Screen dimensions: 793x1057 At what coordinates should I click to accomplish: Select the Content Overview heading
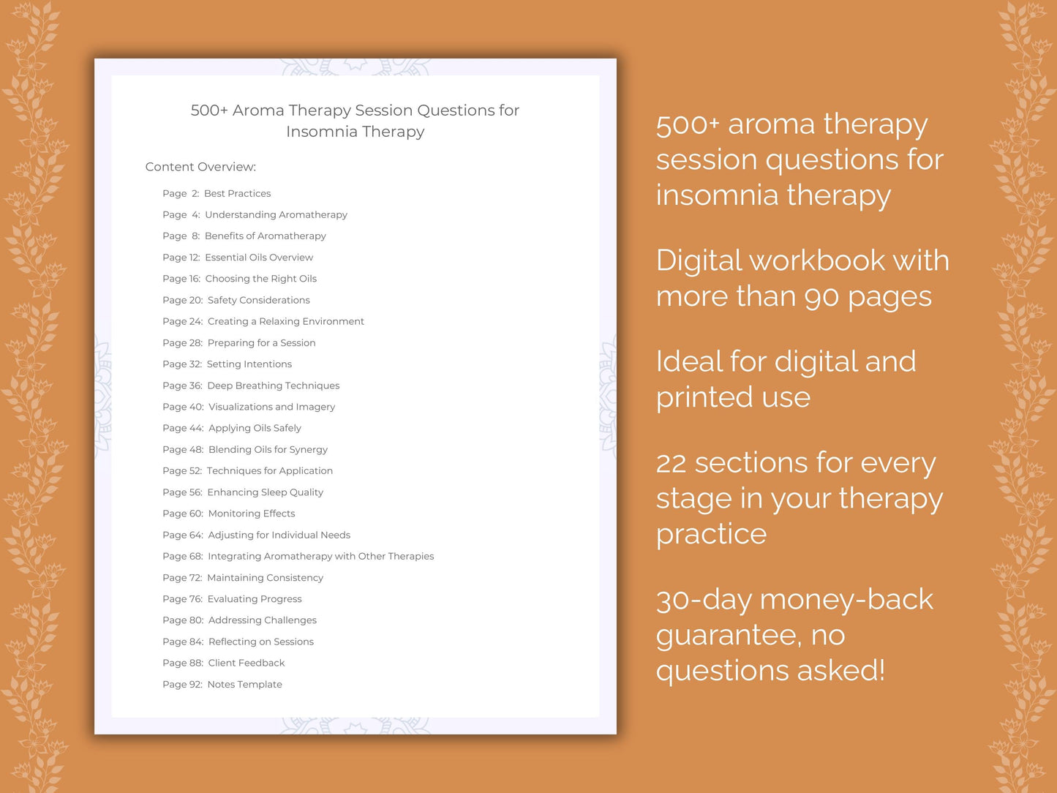(x=200, y=167)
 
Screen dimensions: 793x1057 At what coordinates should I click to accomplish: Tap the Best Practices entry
(x=237, y=193)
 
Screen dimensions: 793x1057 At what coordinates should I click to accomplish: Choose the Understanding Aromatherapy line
(x=276, y=214)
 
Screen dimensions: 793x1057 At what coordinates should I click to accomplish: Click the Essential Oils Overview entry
(x=259, y=258)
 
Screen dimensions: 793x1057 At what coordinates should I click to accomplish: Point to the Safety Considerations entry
(x=258, y=300)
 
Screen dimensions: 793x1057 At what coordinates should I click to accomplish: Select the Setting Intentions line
(x=249, y=364)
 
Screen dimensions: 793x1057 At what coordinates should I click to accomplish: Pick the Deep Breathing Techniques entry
(x=273, y=386)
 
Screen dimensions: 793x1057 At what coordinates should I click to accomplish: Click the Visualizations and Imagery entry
(x=271, y=407)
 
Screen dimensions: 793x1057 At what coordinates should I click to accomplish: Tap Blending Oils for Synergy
(x=268, y=449)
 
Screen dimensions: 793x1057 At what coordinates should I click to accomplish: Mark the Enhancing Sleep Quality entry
(x=265, y=492)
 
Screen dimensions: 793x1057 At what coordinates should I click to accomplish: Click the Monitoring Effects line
(x=252, y=514)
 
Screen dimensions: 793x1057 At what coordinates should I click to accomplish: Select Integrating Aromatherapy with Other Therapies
(x=320, y=556)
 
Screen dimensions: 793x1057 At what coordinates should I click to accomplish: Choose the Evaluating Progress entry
(x=255, y=599)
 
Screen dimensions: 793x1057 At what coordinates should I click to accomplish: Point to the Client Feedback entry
(x=247, y=663)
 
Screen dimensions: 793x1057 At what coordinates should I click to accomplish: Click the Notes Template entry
(x=244, y=685)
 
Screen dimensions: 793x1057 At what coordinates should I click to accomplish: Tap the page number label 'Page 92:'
(x=182, y=685)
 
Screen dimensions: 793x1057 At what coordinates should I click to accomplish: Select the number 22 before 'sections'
(x=671, y=464)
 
